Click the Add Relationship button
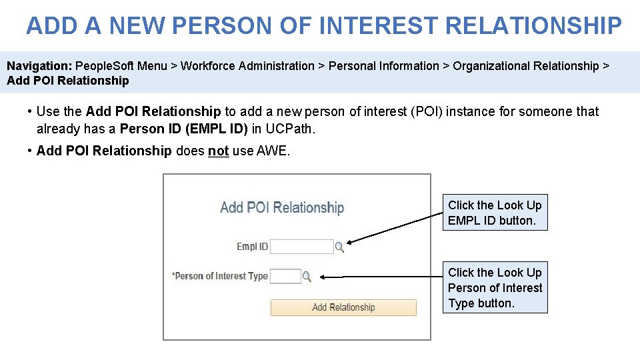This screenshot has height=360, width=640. point(343,307)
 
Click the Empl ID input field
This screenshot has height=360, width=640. point(301,247)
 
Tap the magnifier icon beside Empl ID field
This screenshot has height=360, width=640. point(339,247)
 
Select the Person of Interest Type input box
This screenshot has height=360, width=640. point(285,276)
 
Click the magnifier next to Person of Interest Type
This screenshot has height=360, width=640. point(307,276)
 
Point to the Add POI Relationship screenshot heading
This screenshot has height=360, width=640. point(282,207)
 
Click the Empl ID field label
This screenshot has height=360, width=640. point(252,247)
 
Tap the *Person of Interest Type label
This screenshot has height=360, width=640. point(220,276)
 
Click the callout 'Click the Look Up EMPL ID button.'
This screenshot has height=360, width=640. point(495,213)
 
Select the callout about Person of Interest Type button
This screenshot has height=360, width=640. point(495,287)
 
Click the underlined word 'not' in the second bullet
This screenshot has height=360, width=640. point(218,151)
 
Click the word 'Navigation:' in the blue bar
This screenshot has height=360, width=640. point(39,66)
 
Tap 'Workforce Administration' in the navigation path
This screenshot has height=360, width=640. point(247,66)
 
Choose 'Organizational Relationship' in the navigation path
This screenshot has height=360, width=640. point(525,66)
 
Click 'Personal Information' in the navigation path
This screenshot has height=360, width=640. point(384,66)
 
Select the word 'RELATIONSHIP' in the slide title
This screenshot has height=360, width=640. point(533,26)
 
